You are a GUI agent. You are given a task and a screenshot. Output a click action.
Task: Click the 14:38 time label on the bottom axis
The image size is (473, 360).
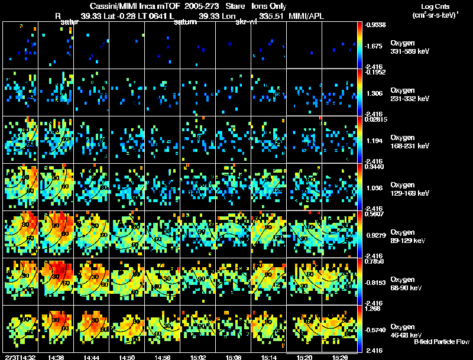57,357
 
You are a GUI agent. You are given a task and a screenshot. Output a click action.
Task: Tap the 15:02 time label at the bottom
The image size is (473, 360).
198,357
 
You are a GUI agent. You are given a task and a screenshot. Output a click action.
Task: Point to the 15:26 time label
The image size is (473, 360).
339,357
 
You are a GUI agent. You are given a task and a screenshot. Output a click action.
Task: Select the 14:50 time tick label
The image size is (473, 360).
127,357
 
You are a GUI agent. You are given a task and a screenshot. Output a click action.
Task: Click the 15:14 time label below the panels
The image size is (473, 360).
268,357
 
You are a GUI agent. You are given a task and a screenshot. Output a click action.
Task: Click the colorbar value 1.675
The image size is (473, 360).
374,46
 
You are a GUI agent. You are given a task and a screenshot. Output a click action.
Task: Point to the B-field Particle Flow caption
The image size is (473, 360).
442,342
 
